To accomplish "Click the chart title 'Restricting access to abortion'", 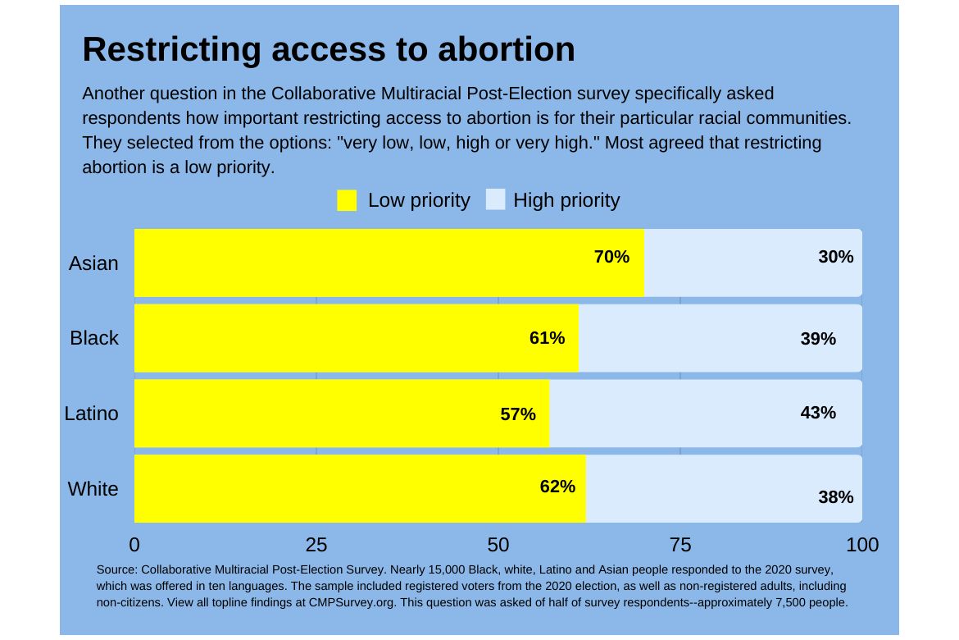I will (x=329, y=49).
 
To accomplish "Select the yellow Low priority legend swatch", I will (x=347, y=200).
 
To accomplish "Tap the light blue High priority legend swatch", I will (x=495, y=200).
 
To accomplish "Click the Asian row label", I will (x=93, y=263).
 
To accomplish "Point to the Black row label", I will (x=94, y=338).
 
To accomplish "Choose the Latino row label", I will (x=91, y=414).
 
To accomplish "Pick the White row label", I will (x=93, y=489).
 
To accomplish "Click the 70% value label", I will (x=611, y=257).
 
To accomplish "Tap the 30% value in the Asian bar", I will (x=835, y=257).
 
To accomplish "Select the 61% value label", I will (x=547, y=338).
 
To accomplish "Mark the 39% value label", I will (x=818, y=338).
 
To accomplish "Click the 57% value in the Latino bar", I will (x=518, y=414).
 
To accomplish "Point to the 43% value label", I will (x=818, y=413).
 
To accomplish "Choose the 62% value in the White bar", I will (x=557, y=487).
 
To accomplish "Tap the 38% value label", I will (x=835, y=496).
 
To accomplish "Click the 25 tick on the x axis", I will (x=316, y=545).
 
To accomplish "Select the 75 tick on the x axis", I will (x=680, y=545).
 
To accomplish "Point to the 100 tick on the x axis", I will (x=862, y=545).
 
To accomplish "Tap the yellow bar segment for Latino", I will (x=328, y=414).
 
